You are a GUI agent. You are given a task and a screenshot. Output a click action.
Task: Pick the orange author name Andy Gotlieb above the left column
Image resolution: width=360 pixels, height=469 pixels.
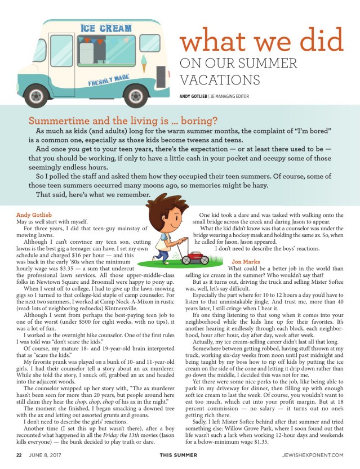[x=32, y=215]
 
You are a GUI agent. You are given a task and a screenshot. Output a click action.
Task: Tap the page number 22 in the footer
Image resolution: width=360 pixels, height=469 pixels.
[x=19, y=456]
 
